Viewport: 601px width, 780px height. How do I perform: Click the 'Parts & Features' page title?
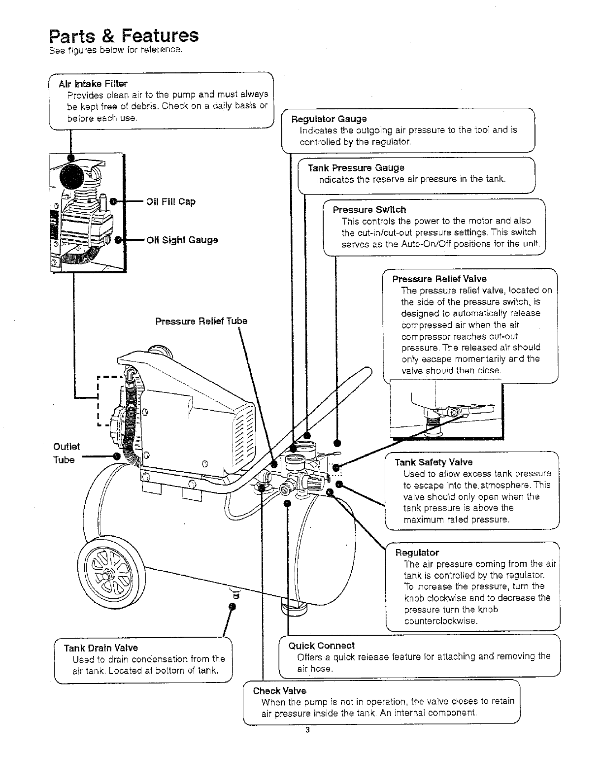pyautogui.click(x=124, y=36)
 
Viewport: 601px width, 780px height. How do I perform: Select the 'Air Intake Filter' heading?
pyautogui.click(x=93, y=83)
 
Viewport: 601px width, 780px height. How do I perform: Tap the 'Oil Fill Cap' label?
pyautogui.click(x=171, y=201)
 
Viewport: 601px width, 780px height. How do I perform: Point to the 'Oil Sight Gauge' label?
pyautogui.click(x=182, y=240)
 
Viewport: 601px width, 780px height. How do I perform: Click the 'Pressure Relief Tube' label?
pyautogui.click(x=201, y=322)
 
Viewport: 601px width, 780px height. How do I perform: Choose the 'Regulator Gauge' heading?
pyautogui.click(x=329, y=119)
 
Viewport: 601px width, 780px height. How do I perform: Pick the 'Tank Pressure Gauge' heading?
pyautogui.click(x=356, y=168)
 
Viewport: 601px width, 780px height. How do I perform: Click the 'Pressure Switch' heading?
pyautogui.click(x=369, y=209)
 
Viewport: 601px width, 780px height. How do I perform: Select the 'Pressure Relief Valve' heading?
pyautogui.click(x=439, y=279)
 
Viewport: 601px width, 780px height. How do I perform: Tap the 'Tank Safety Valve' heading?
pyautogui.click(x=434, y=462)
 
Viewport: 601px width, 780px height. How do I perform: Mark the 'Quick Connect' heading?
pyautogui.click(x=321, y=646)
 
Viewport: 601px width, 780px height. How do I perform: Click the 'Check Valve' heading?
pyautogui.click(x=279, y=690)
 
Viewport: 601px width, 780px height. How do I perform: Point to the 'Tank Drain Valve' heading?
pyautogui.click(x=101, y=648)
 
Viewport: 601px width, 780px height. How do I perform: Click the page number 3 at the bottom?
pyautogui.click(x=307, y=730)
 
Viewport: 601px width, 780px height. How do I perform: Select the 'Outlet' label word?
pyautogui.click(x=66, y=446)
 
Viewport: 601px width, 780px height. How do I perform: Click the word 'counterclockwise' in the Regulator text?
pyautogui.click(x=440, y=621)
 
